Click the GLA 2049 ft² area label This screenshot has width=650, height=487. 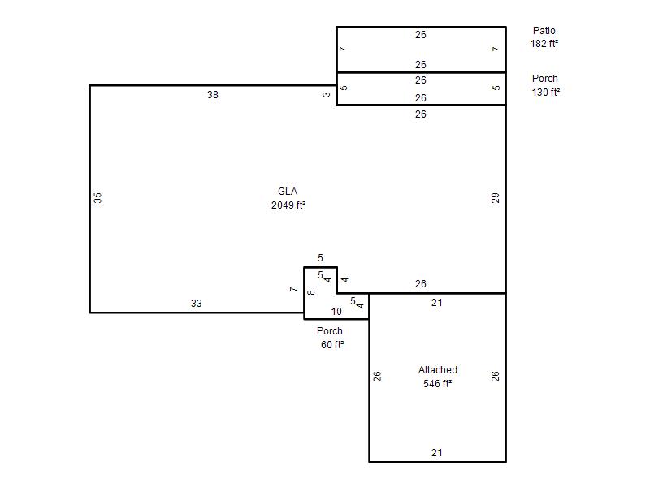click(288, 198)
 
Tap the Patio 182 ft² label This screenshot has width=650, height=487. click(544, 37)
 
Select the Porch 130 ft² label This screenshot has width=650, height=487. click(545, 85)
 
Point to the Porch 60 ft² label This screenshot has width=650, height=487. click(331, 338)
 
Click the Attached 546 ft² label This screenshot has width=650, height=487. click(438, 377)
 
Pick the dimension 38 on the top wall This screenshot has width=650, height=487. click(213, 95)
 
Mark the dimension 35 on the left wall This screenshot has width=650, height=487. click(97, 198)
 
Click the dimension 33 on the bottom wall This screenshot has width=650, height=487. click(197, 304)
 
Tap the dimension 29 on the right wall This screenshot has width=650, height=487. click(496, 198)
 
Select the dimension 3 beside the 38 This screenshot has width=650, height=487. click(327, 94)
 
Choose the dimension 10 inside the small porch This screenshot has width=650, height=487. click(336, 312)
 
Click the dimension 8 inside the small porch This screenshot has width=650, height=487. click(311, 292)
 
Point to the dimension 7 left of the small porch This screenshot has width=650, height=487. click(294, 289)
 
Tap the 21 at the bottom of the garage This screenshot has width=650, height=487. click(437, 453)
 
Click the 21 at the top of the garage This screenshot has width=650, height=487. click(437, 303)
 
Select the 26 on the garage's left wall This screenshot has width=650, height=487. click(377, 376)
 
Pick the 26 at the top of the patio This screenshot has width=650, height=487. click(421, 35)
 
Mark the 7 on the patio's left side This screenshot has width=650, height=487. click(344, 49)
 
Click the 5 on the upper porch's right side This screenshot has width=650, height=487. click(496, 88)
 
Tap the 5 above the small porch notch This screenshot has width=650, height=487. click(320, 258)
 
